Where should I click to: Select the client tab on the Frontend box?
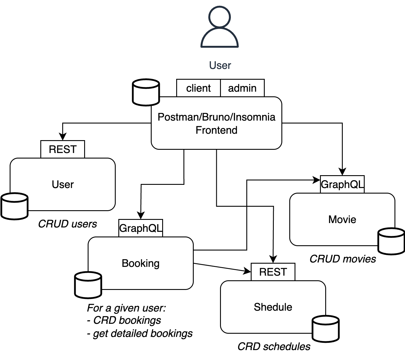tap(198, 88)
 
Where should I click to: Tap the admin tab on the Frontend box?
tap(242, 88)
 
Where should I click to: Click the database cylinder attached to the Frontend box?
tap(146, 92)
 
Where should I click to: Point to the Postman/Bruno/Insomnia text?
tap(216, 117)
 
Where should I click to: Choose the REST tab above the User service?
tap(63, 149)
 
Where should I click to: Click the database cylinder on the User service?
tap(15, 206)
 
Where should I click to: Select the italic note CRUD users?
tap(67, 224)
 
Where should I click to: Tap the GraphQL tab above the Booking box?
tap(141, 228)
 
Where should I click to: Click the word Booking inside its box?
tap(141, 263)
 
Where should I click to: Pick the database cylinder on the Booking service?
tap(88, 285)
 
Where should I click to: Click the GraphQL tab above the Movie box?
tap(342, 184)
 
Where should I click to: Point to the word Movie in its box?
tap(342, 220)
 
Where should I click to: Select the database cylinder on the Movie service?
tap(391, 241)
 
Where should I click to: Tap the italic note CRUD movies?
tap(343, 259)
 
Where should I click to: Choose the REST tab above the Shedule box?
tap(273, 272)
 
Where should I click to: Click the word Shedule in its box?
tap(273, 307)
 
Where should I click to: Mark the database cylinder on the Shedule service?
tap(326, 329)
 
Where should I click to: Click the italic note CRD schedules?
tap(274, 347)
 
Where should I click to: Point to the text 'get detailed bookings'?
tap(142, 333)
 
